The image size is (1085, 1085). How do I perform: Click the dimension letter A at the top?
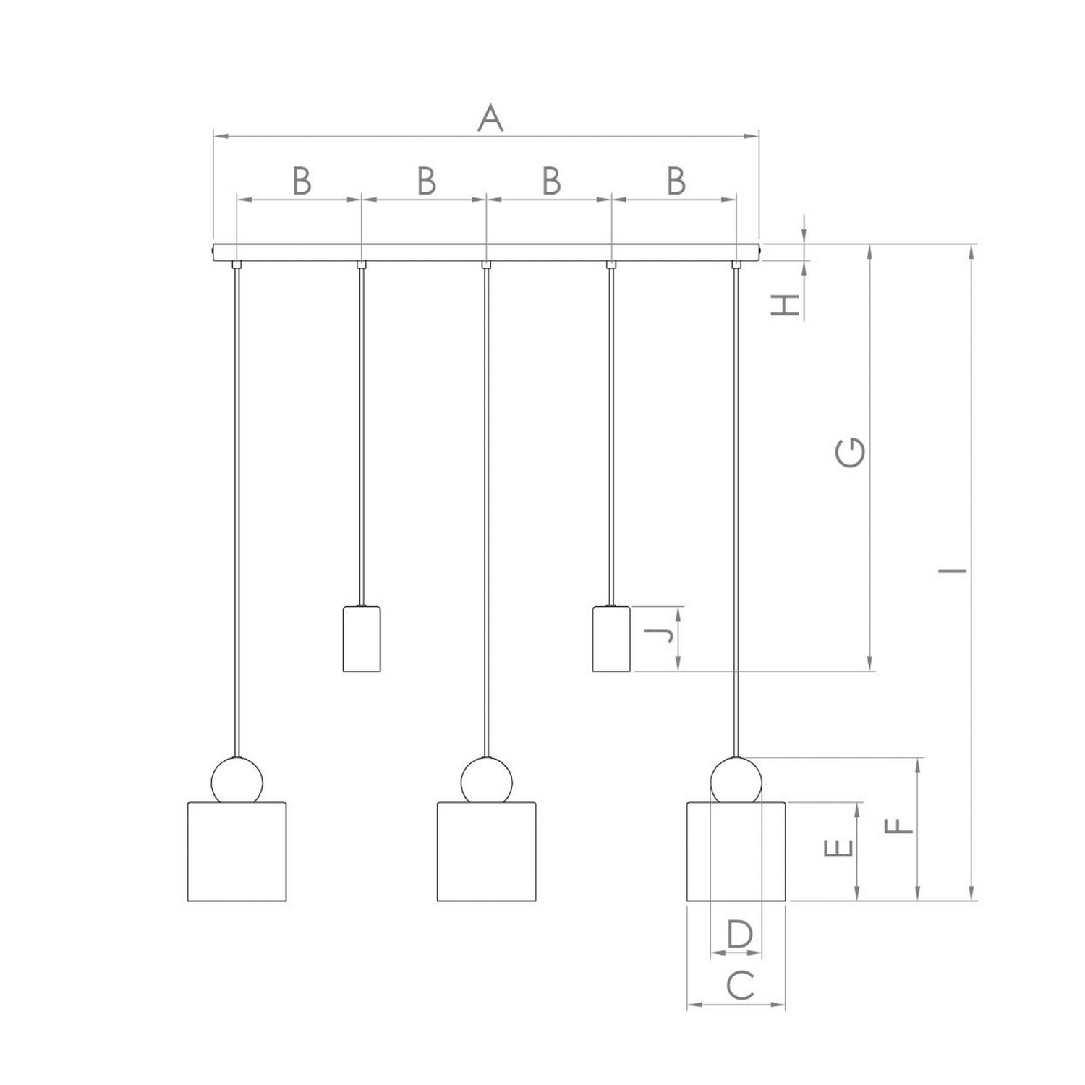[490, 118]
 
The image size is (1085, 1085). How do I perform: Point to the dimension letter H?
[786, 305]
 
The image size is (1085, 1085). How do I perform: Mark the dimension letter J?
[659, 636]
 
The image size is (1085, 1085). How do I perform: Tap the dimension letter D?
[739, 934]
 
